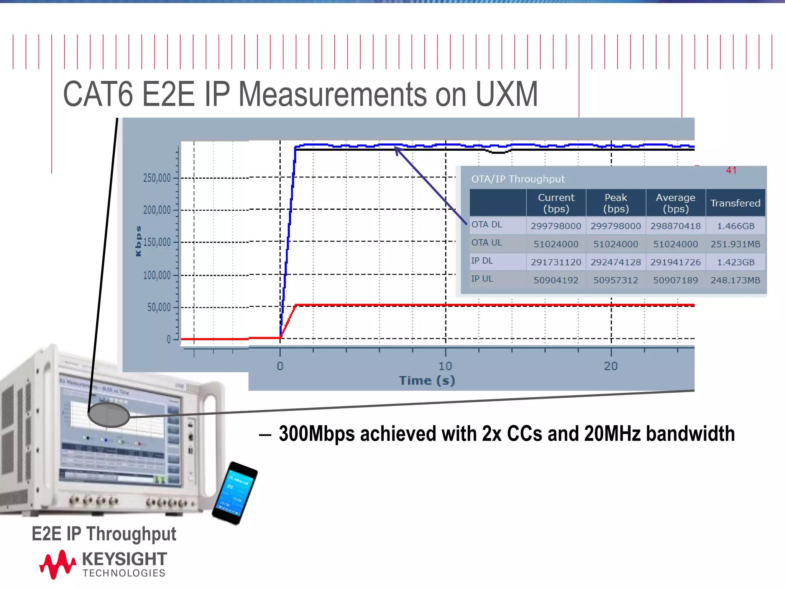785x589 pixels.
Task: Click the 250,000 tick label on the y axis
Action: point(157,178)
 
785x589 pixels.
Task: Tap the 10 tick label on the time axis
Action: point(445,366)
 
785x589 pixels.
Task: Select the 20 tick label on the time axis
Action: point(611,366)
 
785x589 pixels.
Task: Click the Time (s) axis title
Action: point(427,380)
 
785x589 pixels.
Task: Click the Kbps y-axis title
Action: point(138,241)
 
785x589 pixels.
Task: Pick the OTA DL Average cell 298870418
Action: point(675,226)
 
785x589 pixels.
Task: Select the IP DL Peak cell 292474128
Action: point(616,262)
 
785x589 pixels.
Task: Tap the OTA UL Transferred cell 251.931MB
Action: point(735,244)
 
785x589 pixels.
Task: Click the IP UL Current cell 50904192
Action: point(556,280)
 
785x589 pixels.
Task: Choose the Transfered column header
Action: point(735,203)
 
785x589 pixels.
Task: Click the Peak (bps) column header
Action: point(616,203)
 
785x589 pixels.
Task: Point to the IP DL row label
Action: point(482,261)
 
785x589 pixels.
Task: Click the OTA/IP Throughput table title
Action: point(518,179)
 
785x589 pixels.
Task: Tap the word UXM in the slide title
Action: point(506,94)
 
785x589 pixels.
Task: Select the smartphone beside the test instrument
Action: point(235,493)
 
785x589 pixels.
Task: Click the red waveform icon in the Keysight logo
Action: point(57,564)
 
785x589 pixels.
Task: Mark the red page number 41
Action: point(731,170)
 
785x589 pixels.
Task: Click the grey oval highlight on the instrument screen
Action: point(109,415)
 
